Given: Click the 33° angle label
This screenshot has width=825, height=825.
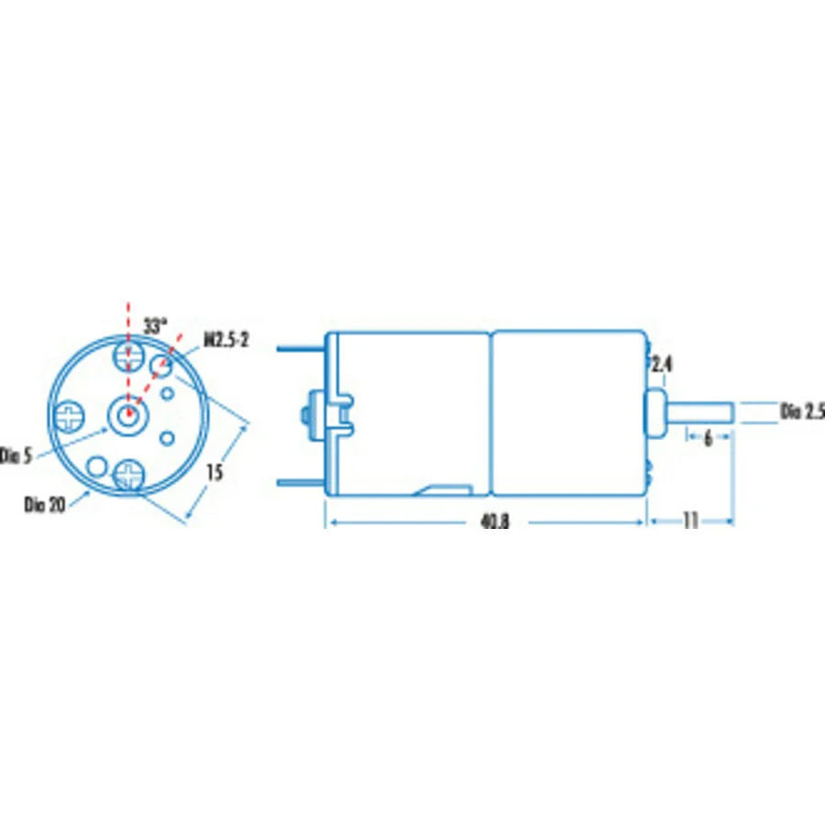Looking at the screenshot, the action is [155, 326].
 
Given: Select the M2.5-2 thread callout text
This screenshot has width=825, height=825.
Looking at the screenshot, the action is [226, 340].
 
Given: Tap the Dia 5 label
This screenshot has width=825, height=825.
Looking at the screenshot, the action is [16, 456].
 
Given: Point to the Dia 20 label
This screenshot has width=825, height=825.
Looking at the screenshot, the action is [45, 504].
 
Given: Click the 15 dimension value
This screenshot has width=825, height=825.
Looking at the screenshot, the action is [214, 472].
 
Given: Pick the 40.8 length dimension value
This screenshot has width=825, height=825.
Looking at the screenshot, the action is [495, 522].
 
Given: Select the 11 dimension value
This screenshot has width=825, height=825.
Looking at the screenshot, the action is [690, 521].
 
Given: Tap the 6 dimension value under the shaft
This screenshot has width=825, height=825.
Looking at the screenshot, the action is [709, 438].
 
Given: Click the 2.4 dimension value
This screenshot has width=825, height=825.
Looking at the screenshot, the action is [662, 364].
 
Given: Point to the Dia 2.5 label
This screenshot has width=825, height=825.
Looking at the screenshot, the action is [802, 412].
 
